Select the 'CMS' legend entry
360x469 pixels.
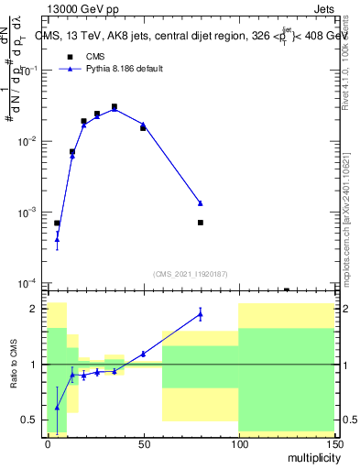click(x=95, y=56)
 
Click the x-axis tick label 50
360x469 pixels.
click(x=143, y=442)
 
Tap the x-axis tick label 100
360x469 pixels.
click(x=238, y=442)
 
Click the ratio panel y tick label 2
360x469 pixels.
click(x=33, y=309)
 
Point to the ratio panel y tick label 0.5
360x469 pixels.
click(x=29, y=420)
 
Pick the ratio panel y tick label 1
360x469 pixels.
click(x=33, y=365)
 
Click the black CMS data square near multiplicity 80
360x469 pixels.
click(x=200, y=223)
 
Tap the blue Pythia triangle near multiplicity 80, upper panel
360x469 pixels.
click(x=200, y=203)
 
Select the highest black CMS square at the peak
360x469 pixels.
click(x=115, y=107)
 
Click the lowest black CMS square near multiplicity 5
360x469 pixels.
click(x=57, y=224)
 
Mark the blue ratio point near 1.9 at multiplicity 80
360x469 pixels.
click(x=200, y=314)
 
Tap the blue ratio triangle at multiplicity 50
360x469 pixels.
click(x=143, y=354)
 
